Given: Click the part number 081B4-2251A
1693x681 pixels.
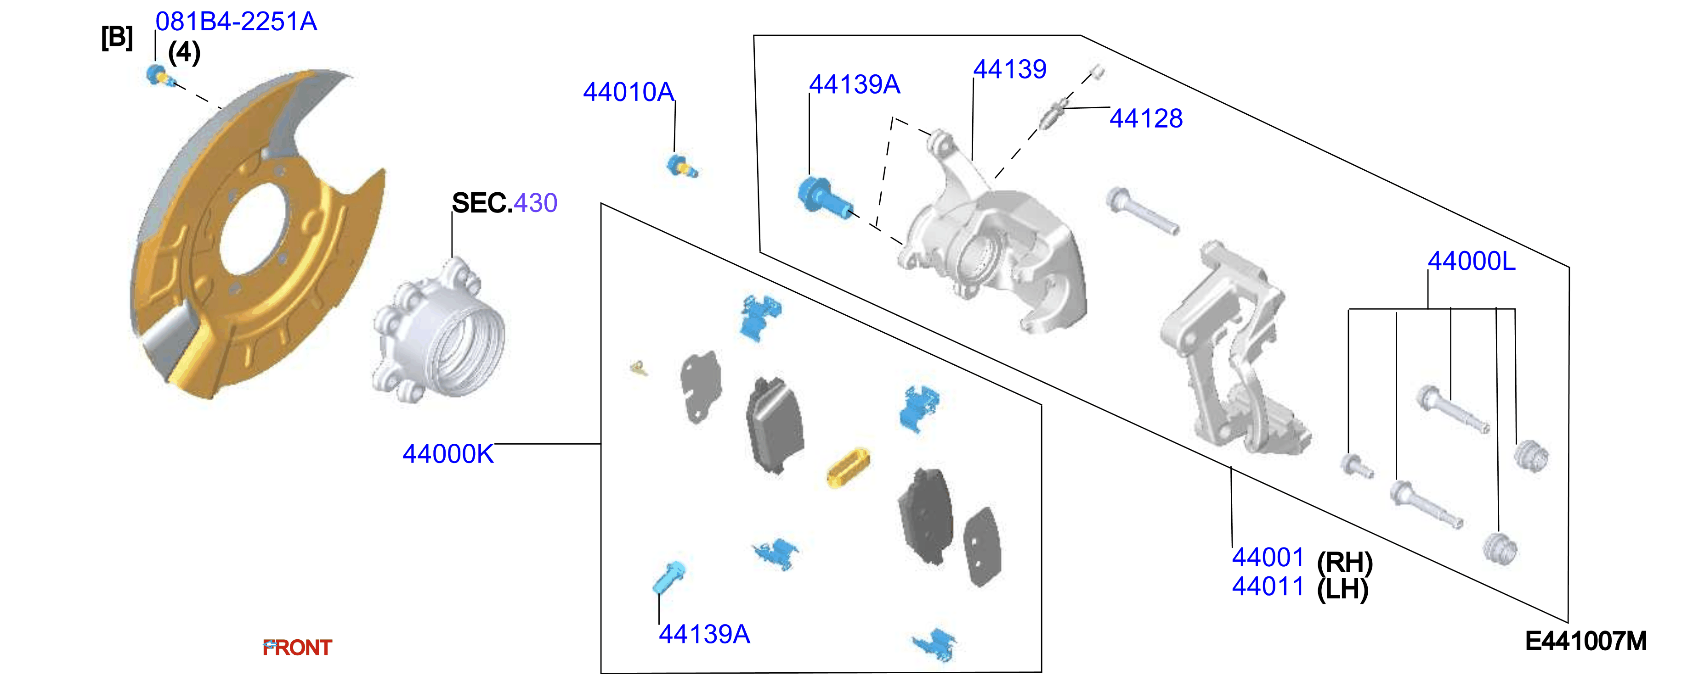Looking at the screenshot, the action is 236,22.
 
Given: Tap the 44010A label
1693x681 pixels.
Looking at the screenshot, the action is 629,92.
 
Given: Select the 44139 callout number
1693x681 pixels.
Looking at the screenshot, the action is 1009,69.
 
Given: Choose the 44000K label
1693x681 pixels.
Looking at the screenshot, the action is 447,454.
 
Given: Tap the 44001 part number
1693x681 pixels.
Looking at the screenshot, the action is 1268,557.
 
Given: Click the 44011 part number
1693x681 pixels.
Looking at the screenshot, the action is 1268,586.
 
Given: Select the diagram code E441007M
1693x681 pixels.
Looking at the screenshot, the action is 1586,641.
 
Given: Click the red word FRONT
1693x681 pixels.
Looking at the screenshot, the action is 297,648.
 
